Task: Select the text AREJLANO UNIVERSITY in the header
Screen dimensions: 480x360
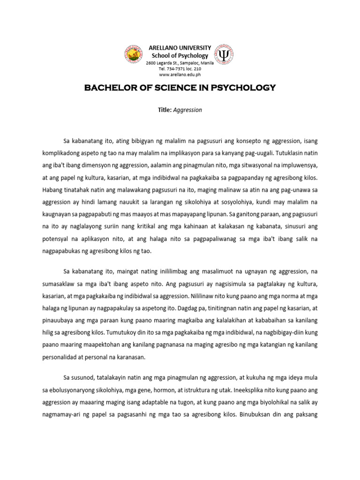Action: (x=180, y=49)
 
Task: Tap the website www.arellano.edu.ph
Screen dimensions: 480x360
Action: (x=180, y=75)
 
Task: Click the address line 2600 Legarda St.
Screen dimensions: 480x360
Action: (x=180, y=62)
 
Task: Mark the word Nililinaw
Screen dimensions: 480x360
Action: (x=206, y=296)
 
